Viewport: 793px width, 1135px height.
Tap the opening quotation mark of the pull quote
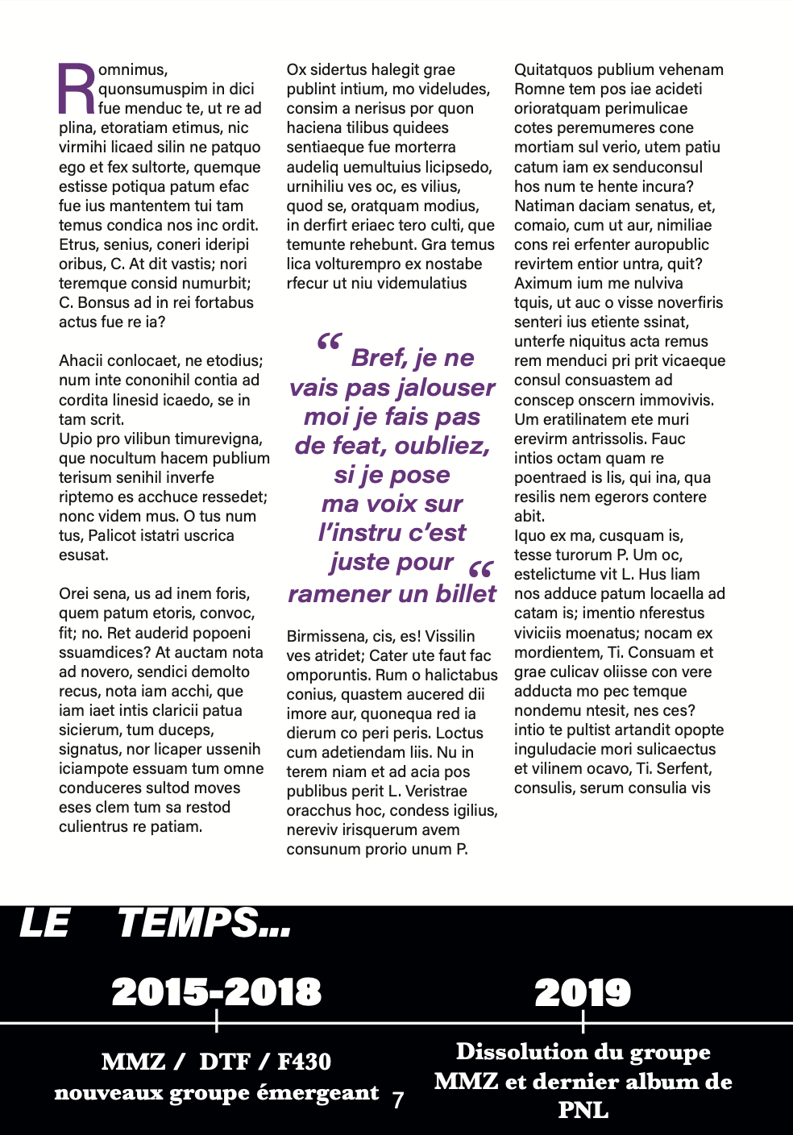[329, 343]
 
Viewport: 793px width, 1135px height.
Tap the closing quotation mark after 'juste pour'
[480, 571]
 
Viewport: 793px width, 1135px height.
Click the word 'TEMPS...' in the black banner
[204, 923]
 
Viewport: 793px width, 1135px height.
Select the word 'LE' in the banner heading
[44, 923]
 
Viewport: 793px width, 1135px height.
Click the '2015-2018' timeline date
[216, 992]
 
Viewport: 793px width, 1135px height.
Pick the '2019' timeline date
[583, 993]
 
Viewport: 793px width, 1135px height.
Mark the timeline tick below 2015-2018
[217, 1022]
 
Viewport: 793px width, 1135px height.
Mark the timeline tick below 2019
[583, 1022]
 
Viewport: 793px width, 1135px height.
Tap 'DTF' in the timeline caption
[224, 1062]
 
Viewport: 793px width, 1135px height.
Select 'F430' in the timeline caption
[304, 1062]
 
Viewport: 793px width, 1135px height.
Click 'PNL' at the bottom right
[583, 1110]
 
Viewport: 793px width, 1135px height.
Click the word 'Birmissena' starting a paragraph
[324, 636]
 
